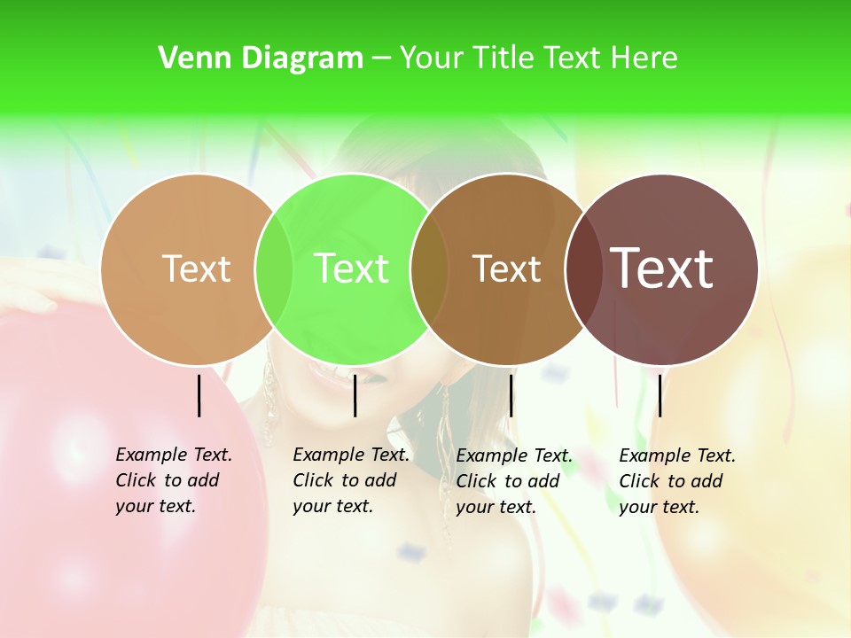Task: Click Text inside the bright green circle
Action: (351, 268)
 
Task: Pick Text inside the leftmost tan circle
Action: (197, 268)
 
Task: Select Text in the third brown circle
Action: (506, 268)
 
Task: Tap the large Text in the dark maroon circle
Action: (662, 268)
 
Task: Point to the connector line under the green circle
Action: (355, 395)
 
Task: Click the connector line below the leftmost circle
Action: (199, 395)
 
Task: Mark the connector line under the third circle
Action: (511, 395)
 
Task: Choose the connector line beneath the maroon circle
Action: (660, 395)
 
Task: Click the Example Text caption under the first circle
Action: (174, 480)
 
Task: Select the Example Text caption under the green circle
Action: (351, 480)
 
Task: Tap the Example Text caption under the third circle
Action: (514, 481)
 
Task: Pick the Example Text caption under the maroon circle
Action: (677, 481)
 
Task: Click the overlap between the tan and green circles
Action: (275, 268)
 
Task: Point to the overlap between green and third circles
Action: (430, 268)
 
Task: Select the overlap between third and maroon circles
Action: (583, 268)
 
